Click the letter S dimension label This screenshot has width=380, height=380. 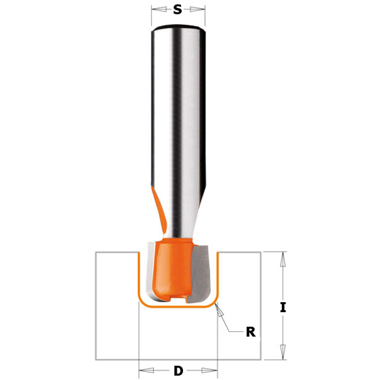pos(177,9)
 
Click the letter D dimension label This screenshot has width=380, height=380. pos(179,370)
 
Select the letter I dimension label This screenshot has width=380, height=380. pos(283,307)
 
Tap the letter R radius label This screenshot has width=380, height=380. pos(251,332)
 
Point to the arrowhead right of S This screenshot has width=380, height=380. pos(197,9)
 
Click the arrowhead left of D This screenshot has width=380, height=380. pos(146,370)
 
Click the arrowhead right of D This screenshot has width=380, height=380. pos(210,370)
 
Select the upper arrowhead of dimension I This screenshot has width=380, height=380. pos(283,260)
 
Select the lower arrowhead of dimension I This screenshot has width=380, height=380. pos(283,352)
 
